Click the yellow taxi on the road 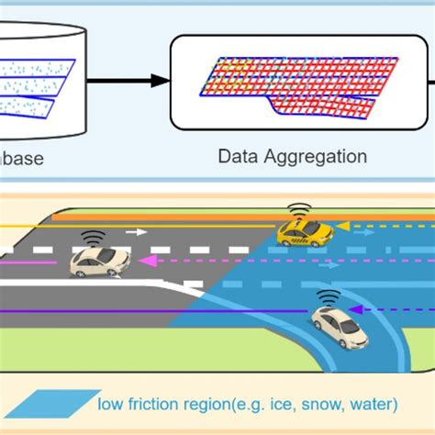click(x=305, y=233)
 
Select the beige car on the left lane click(x=96, y=262)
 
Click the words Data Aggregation click(x=292, y=156)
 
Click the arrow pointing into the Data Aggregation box click(x=156, y=81)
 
